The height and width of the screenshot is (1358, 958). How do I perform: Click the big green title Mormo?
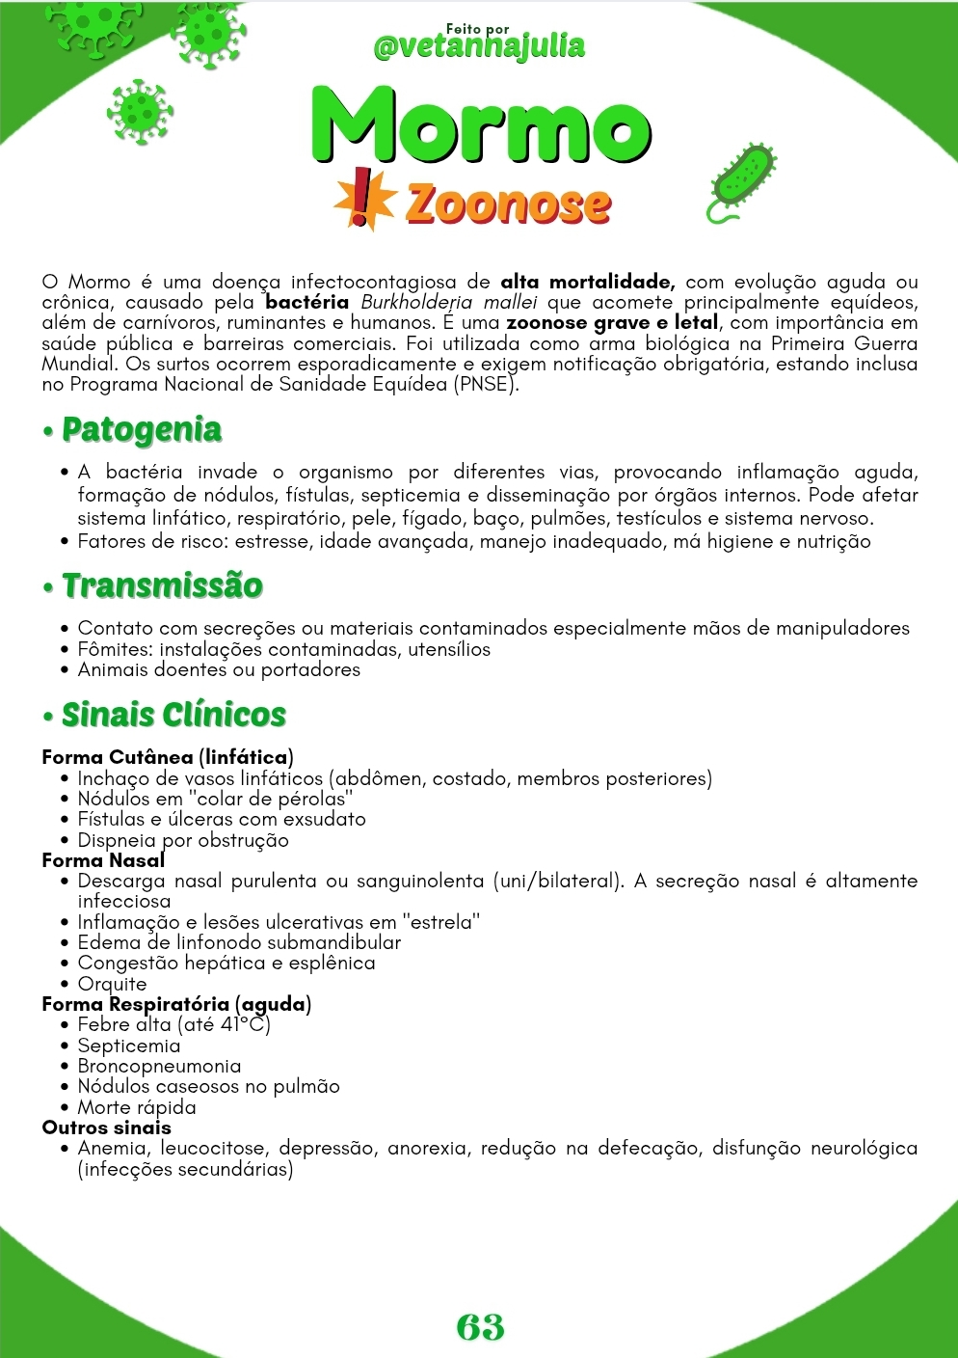click(x=480, y=126)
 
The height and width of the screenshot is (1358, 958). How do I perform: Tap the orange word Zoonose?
click(x=508, y=204)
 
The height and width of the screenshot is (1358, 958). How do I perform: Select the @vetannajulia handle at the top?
click(x=479, y=46)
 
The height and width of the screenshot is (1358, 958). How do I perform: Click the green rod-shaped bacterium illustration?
click(x=742, y=179)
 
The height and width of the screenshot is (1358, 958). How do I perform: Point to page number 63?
click(x=480, y=1326)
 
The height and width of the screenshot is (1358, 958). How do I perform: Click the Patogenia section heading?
click(x=141, y=430)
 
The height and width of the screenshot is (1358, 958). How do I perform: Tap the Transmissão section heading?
click(x=161, y=585)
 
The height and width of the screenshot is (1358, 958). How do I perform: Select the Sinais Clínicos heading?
click(x=173, y=715)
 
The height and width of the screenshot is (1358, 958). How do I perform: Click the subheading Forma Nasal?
click(x=103, y=860)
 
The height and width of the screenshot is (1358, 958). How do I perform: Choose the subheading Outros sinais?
click(x=106, y=1127)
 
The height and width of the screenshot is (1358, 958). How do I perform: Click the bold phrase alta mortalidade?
click(x=587, y=283)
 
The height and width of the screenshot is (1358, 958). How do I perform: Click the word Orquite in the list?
click(x=112, y=984)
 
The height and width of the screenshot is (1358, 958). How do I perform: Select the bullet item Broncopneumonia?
click(x=159, y=1066)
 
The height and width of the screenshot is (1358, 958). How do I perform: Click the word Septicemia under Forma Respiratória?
click(x=128, y=1046)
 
